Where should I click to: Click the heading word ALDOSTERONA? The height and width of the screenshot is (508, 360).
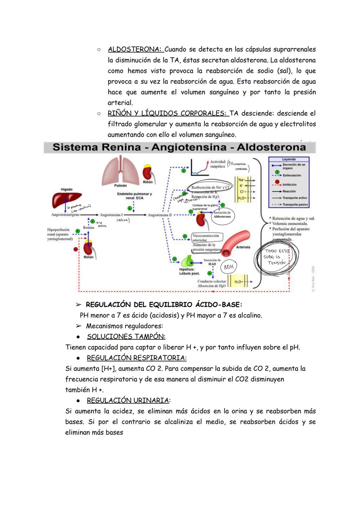pos(135,49)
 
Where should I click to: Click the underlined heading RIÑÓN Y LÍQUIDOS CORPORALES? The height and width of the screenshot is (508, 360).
pos(167,113)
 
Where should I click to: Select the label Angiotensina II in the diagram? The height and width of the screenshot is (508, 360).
pos(160,215)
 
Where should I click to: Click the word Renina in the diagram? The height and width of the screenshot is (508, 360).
pos(88,228)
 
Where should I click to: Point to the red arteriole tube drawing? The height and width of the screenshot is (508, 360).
pos(235,243)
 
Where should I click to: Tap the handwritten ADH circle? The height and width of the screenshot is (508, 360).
pos(229,267)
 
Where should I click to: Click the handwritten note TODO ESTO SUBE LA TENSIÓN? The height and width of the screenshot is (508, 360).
pos(276,257)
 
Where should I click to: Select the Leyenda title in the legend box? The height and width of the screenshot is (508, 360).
pos(289,159)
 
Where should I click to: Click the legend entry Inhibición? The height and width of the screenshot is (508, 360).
pos(289,185)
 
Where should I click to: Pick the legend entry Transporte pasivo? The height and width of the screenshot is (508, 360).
pos(295,205)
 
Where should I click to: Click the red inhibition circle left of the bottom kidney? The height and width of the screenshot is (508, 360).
pos(76,249)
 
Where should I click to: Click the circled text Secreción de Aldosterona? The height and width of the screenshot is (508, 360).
pos(222,215)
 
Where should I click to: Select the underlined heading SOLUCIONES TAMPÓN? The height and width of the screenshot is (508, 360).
pos(126,336)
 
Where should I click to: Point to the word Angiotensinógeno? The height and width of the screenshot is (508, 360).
pos(65,215)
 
